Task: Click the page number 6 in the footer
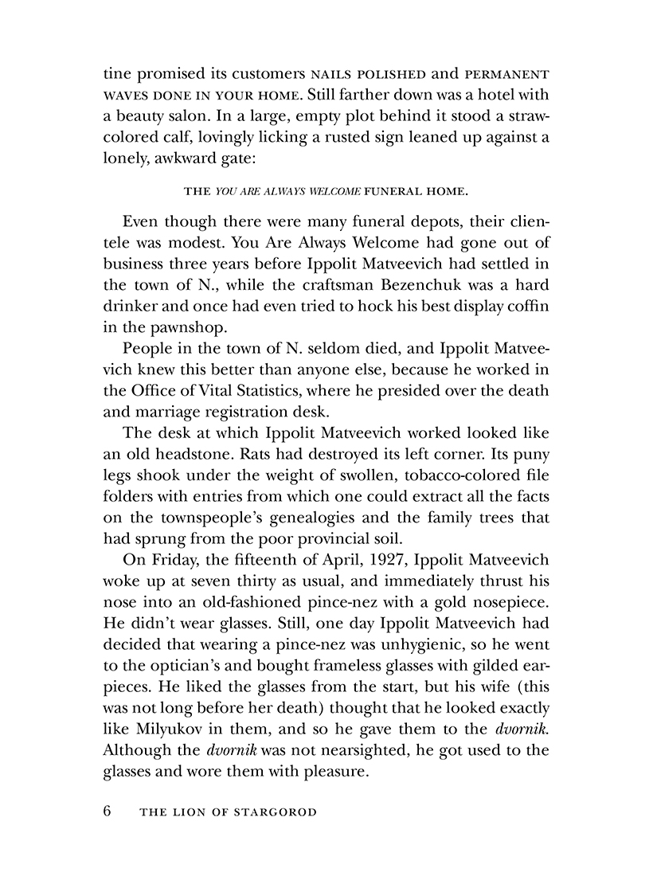(109, 811)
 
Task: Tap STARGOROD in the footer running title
(273, 813)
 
